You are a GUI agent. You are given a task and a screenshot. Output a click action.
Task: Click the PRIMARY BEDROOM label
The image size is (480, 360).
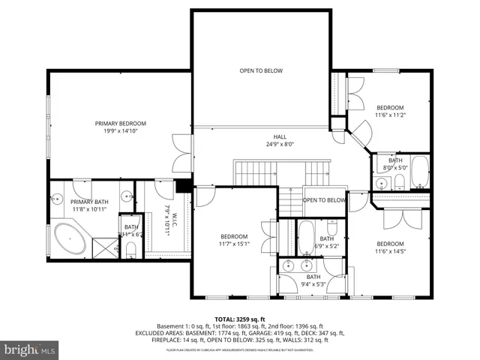[x=120, y=124]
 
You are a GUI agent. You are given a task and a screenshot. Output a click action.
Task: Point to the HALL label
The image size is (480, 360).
[x=280, y=136]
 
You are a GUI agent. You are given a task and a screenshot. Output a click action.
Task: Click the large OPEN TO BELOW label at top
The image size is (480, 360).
[x=261, y=71]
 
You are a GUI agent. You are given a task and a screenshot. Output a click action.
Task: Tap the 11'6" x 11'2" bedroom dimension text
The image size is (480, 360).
[x=389, y=115]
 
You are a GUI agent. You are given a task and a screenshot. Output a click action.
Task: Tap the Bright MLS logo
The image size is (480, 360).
[x=30, y=349]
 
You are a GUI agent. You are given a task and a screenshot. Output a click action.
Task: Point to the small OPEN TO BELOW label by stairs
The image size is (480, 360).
[x=323, y=200]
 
